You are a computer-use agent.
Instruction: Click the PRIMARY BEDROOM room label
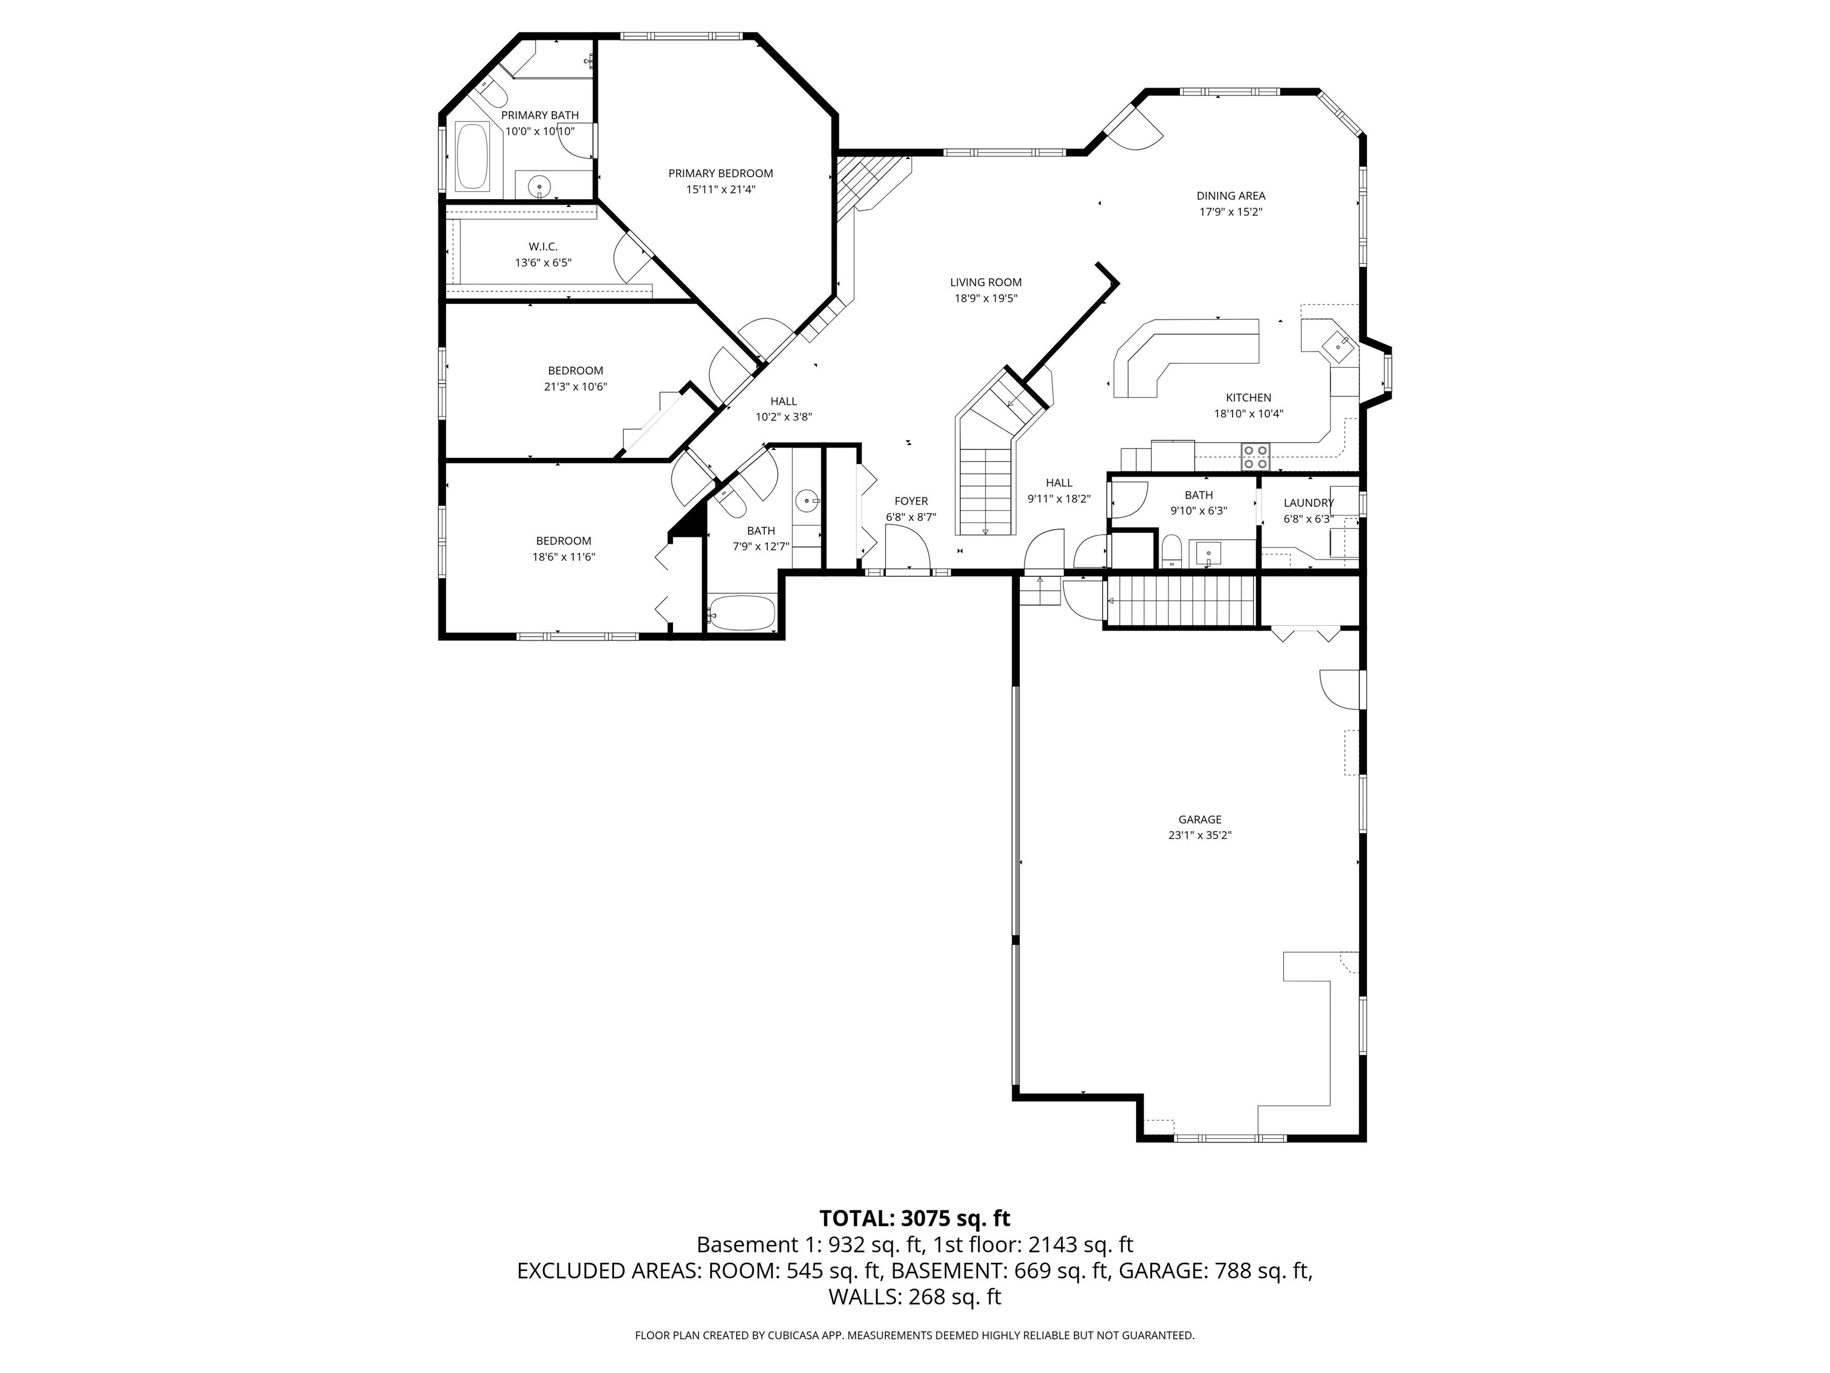point(721,173)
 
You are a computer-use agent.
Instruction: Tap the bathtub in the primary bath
point(473,156)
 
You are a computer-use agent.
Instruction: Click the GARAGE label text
point(1200,819)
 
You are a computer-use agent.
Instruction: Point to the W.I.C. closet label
point(543,247)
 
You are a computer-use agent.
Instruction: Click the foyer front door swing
point(908,546)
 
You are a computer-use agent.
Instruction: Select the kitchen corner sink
point(1337,343)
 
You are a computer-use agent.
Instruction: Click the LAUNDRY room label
point(1308,503)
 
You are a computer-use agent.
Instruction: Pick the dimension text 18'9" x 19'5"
point(985,298)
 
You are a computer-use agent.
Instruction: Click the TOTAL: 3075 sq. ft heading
point(914,1218)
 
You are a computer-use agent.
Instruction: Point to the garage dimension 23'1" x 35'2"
point(1200,835)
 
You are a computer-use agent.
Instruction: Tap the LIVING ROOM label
point(985,282)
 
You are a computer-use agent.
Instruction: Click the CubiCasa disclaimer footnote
point(914,1335)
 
